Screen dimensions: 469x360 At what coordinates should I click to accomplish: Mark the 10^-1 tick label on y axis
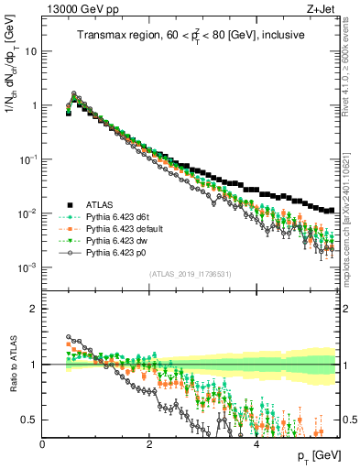(x=28, y=159)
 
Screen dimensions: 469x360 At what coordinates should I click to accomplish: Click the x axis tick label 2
(x=149, y=444)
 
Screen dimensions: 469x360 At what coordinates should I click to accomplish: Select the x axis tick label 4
(x=256, y=444)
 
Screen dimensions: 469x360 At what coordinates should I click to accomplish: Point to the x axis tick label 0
(x=43, y=444)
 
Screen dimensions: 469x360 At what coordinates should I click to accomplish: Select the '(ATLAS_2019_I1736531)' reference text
(x=191, y=275)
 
